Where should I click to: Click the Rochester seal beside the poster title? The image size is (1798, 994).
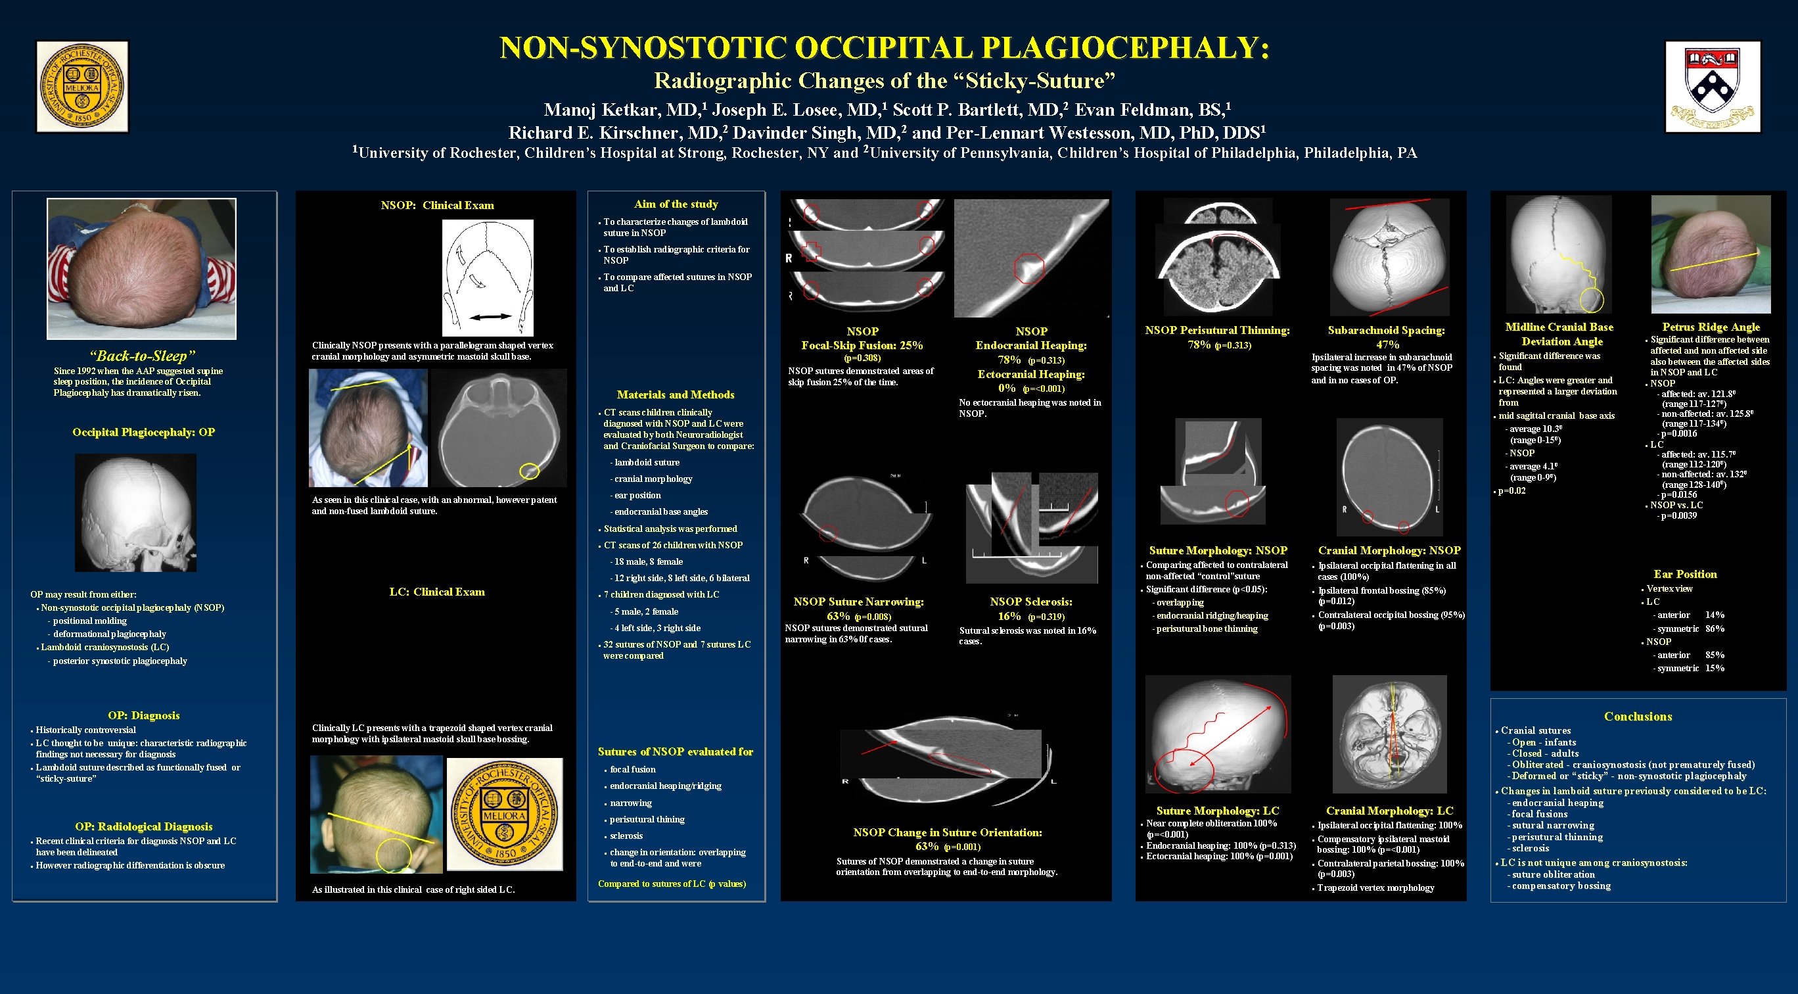coord(82,87)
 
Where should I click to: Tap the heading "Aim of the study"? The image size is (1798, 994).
coord(676,204)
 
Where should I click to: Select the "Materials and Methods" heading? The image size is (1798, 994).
coord(675,394)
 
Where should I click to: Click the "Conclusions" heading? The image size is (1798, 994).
coord(1638,716)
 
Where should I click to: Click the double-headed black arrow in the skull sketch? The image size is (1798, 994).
coord(490,317)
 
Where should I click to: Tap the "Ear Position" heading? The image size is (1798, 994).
coord(1685,574)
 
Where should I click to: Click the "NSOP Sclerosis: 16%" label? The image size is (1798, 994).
coord(1030,608)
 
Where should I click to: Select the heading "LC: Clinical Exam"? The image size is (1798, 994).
coord(436,592)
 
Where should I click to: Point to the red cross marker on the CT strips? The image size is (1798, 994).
coord(811,251)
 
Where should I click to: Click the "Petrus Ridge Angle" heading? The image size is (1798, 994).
coord(1711,327)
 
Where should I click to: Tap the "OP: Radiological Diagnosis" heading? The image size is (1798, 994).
coord(144,826)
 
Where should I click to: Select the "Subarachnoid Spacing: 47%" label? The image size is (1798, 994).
coord(1386,337)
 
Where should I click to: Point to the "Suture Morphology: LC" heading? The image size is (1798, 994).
coord(1217,811)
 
